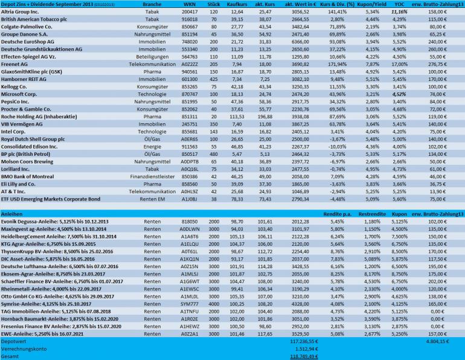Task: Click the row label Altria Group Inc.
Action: [x=23, y=12]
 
